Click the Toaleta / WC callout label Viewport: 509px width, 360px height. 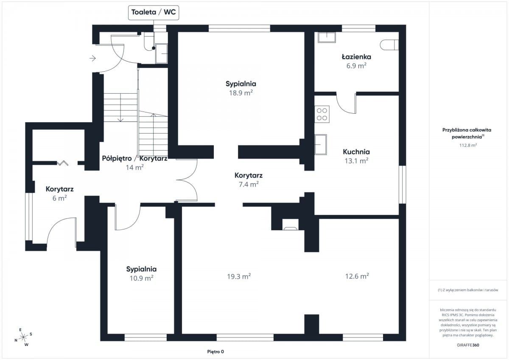point(154,12)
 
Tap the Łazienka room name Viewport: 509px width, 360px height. point(356,56)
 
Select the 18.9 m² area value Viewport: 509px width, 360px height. point(241,93)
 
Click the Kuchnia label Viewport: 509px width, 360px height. point(356,152)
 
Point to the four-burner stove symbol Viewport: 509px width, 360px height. point(322,114)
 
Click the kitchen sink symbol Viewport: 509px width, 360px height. point(321,145)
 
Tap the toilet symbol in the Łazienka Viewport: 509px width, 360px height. point(389,45)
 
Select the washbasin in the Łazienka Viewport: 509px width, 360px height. point(327,37)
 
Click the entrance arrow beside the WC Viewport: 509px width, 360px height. point(92,59)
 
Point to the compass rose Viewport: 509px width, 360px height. point(23,337)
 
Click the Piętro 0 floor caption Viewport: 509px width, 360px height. point(215,352)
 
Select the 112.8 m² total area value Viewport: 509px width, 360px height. point(468,145)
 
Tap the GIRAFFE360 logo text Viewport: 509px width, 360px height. point(468,345)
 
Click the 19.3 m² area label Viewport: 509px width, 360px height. point(239,276)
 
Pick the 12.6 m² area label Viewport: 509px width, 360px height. point(357,276)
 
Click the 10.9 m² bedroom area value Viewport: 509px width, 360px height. point(141,278)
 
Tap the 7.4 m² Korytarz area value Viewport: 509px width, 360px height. point(249,184)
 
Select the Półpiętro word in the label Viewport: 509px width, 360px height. point(117,158)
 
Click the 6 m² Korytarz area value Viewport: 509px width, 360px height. point(59,198)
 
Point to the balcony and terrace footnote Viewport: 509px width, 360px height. point(468,290)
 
